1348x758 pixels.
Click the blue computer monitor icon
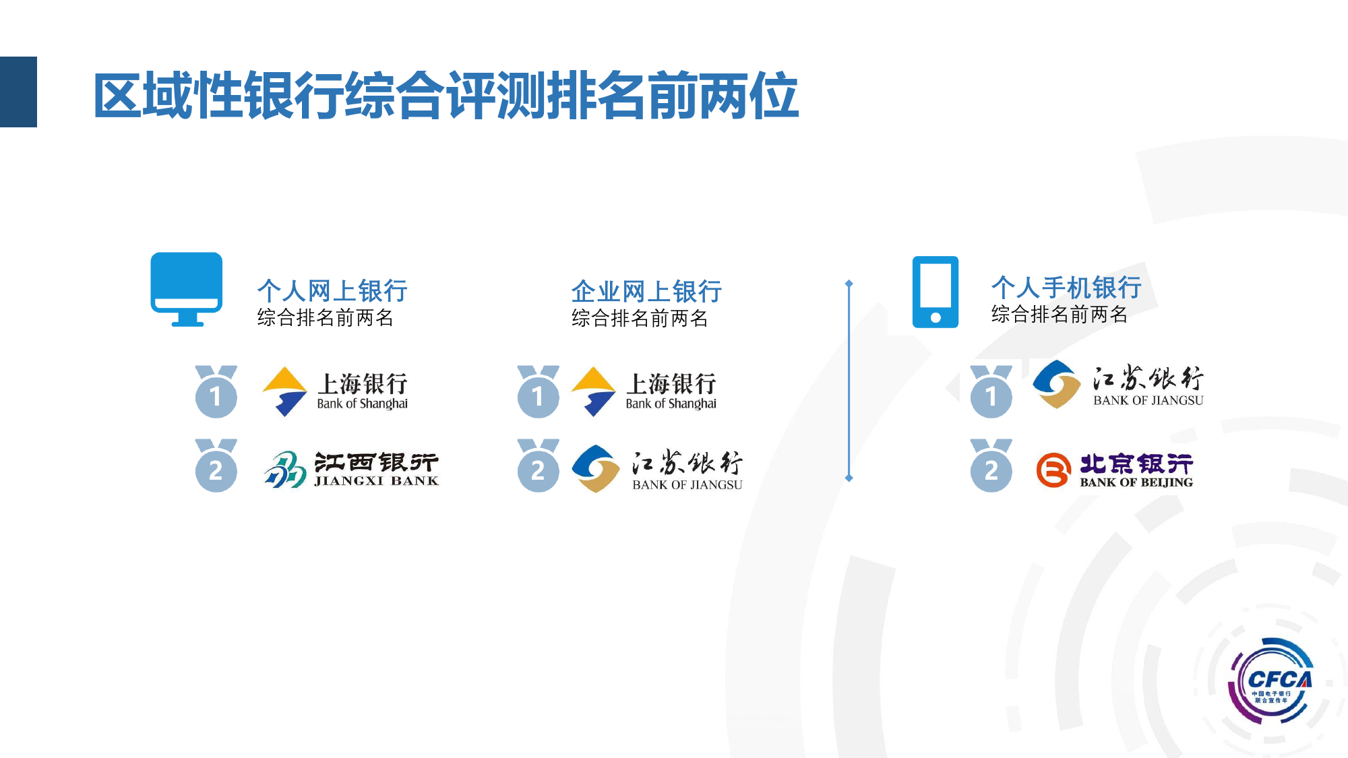point(187,289)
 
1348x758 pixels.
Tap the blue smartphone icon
point(936,292)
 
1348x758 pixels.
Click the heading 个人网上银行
point(332,291)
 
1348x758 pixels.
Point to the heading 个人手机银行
point(1066,288)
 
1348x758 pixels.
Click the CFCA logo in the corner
point(1272,681)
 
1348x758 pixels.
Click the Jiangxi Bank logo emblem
point(285,469)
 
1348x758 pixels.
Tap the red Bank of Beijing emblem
point(1053,470)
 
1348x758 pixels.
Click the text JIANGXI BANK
point(377,481)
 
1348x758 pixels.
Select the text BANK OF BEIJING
point(1136,482)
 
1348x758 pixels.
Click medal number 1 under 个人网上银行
point(216,391)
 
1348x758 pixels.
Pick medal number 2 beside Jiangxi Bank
point(216,466)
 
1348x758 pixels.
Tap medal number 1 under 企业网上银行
point(538,391)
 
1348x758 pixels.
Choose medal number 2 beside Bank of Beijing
point(991,466)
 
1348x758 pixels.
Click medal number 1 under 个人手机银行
point(991,391)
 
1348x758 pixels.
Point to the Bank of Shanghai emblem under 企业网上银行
point(593,391)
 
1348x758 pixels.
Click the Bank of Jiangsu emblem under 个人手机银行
point(1057,384)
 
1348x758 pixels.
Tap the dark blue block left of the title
point(18,92)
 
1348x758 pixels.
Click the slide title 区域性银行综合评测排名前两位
point(446,96)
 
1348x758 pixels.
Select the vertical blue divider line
point(849,381)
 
